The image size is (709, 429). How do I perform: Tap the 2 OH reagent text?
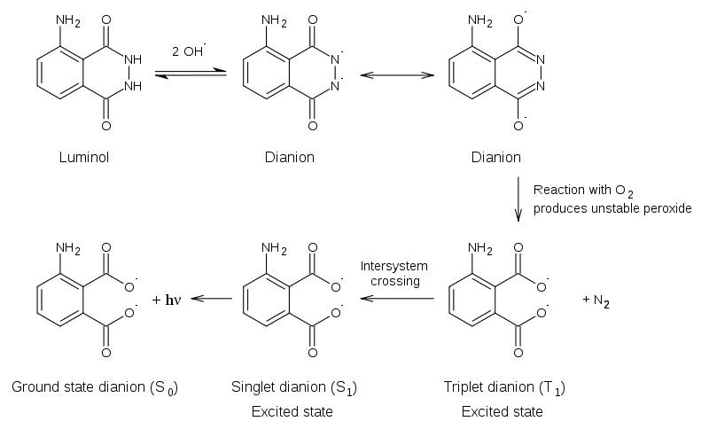(x=190, y=51)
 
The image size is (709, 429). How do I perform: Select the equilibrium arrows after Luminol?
(x=190, y=74)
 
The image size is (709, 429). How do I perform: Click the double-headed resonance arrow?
(x=397, y=74)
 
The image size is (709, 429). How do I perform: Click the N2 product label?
(x=596, y=300)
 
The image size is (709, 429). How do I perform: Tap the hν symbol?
(x=167, y=300)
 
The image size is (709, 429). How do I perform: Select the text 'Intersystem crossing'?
(x=393, y=273)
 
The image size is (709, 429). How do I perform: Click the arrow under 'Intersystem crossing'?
(x=396, y=299)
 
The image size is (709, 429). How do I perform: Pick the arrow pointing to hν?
(x=211, y=299)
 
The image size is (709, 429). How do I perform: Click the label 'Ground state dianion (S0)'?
(x=96, y=387)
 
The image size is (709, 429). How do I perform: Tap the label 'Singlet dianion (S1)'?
(x=294, y=387)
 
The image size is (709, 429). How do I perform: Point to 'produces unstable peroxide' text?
(x=612, y=208)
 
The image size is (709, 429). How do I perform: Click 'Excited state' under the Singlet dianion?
(x=292, y=411)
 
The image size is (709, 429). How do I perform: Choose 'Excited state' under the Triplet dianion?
(x=503, y=411)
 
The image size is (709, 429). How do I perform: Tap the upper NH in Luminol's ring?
(x=134, y=59)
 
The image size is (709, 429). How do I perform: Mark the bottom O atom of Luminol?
(x=105, y=126)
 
